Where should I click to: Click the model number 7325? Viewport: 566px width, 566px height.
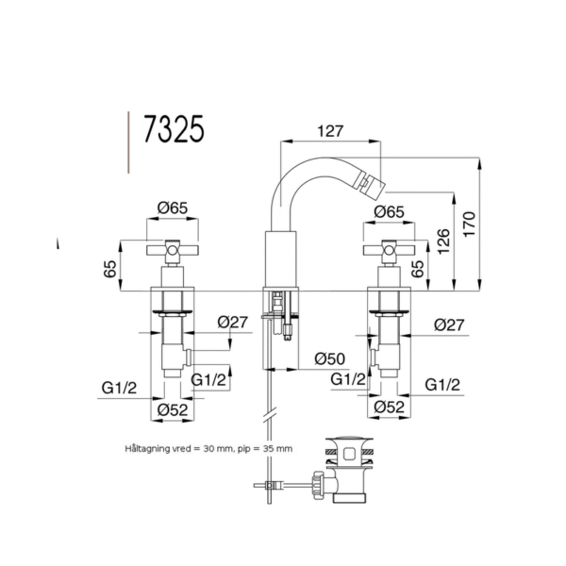click(174, 129)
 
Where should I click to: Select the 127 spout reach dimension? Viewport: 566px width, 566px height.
click(330, 131)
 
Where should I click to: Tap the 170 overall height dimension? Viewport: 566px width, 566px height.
click(469, 225)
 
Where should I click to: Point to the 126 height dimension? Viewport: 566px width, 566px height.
click(443, 241)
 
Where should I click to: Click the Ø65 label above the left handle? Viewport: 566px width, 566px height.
click(173, 208)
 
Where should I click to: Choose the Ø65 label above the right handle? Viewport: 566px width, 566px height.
click(389, 212)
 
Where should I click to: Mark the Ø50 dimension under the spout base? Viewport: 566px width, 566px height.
click(329, 358)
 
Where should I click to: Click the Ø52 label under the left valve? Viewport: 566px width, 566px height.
click(173, 410)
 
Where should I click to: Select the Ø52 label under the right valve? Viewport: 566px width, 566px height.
click(389, 408)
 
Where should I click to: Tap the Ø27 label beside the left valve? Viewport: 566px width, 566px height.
click(233, 322)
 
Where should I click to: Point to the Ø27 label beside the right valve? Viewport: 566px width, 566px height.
click(449, 325)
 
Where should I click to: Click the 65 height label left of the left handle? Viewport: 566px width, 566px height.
click(110, 269)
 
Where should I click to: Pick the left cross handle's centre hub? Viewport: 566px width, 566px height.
click(173, 250)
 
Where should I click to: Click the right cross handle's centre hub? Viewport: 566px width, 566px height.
click(389, 250)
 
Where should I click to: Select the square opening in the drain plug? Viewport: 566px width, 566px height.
click(349, 454)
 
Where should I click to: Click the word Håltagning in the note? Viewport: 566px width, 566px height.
click(147, 449)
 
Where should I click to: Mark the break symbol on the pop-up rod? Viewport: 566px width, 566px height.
click(270, 415)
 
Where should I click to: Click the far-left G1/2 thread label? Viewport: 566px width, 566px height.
click(119, 388)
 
